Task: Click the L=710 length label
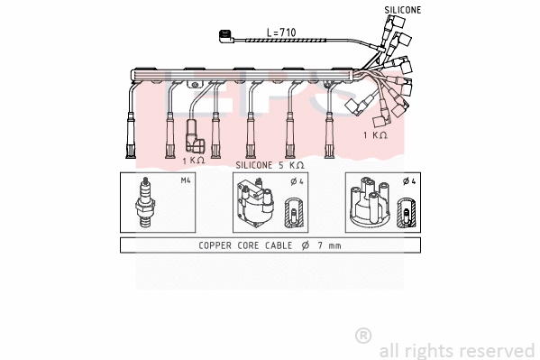(x=281, y=32)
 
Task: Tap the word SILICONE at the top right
(x=403, y=10)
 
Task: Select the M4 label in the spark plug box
(x=186, y=180)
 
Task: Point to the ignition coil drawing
(x=254, y=202)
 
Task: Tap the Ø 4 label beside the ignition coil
(x=297, y=181)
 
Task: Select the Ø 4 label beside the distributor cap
(x=409, y=181)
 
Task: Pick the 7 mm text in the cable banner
(x=329, y=245)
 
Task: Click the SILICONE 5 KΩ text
(x=270, y=165)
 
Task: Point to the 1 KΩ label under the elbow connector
(x=194, y=161)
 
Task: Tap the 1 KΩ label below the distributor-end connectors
(x=375, y=135)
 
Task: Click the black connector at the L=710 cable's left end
(x=226, y=36)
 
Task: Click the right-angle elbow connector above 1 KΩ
(x=194, y=136)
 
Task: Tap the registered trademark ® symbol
(x=363, y=336)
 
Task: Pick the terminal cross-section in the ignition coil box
(x=294, y=212)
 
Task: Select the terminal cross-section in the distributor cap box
(x=407, y=212)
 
